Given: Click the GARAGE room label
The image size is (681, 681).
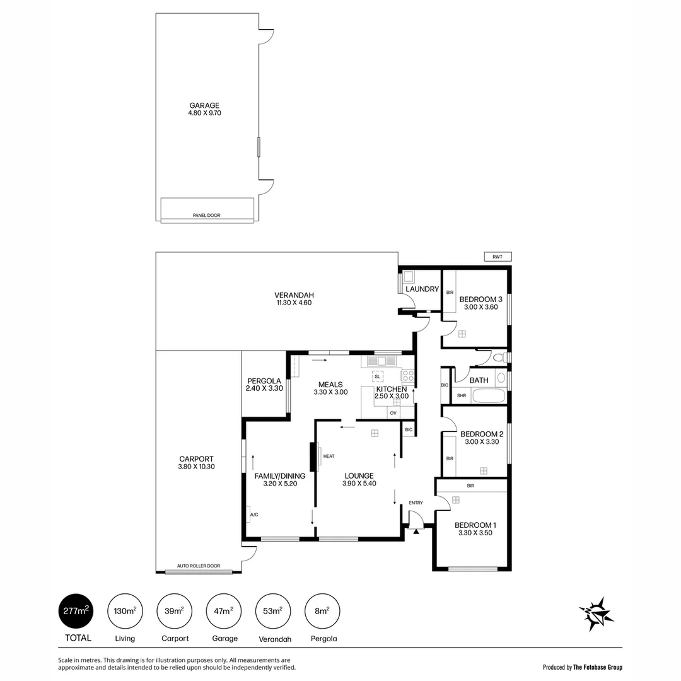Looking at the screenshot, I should pos(204,105).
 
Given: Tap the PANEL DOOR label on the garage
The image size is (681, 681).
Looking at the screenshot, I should pos(206,216).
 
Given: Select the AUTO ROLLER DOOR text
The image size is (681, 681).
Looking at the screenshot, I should pos(199,566).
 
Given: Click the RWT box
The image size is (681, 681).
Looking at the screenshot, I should pos(498,257).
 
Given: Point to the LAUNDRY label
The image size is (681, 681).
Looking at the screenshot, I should pos(422,289).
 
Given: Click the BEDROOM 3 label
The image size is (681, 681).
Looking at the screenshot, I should pos(480,299).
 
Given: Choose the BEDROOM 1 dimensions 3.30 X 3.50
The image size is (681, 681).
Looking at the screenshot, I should pos(475,533).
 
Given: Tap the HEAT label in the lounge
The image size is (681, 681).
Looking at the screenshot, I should pos(329,457).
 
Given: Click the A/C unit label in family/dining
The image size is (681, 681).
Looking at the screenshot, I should pos(254,515).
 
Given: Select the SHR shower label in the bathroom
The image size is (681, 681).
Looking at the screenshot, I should pos(461,396).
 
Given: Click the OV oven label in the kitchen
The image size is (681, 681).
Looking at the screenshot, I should pos(393,413).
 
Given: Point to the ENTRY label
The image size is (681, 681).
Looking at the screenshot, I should pos(416,503).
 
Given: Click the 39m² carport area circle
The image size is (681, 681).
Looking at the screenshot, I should pos(175,611).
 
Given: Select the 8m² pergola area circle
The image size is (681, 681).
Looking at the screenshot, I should pos(323,611).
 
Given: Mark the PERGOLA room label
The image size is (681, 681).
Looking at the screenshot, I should pos(264,381).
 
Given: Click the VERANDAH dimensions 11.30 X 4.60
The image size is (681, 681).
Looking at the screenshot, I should pos(294,303).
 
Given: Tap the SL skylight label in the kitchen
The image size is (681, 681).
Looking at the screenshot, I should pos(377,376).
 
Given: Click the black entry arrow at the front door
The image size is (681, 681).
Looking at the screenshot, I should pos(416,532).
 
